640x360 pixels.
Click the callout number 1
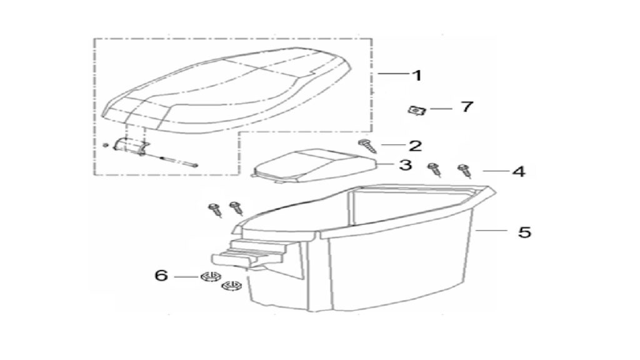point(417,75)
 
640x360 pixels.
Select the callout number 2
point(415,146)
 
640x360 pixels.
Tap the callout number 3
point(405,165)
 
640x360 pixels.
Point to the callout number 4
point(519,171)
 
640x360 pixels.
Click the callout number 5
point(524,232)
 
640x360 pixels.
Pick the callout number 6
point(161,275)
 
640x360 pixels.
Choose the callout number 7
point(467,106)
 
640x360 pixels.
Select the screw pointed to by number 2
point(367,146)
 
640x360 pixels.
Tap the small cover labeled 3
point(313,165)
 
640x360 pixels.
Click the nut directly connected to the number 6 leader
point(209,277)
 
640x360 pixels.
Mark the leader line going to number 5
point(491,231)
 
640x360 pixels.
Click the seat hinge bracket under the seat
point(131,146)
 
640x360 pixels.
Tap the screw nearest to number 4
point(464,170)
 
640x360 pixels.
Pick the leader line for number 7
point(441,109)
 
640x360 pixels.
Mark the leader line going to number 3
point(385,164)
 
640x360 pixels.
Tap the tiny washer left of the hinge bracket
point(105,145)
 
